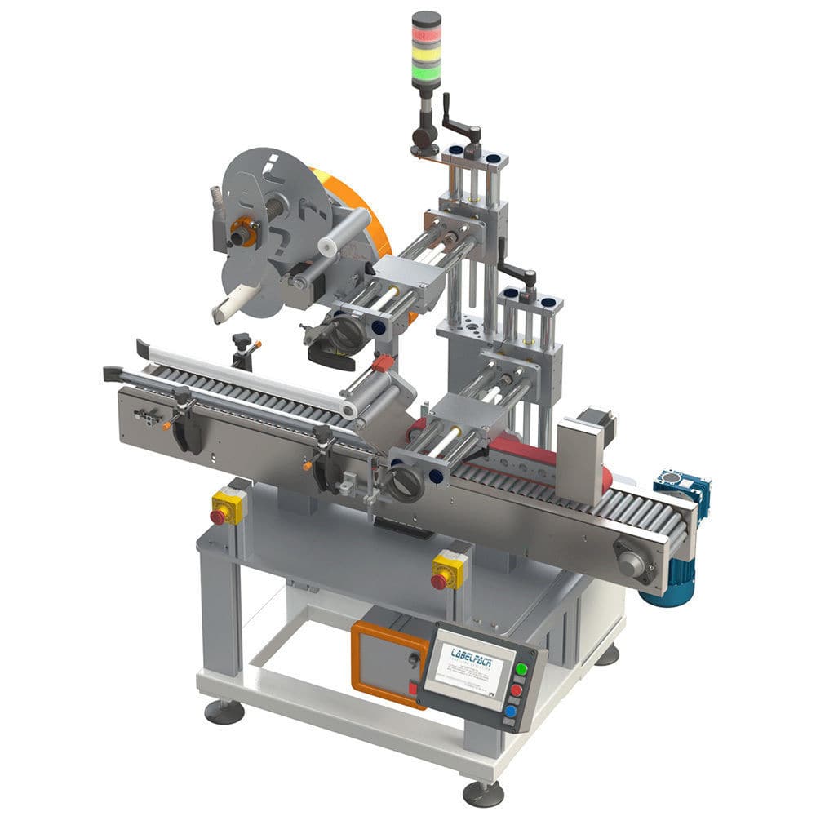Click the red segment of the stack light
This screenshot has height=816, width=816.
point(426,36)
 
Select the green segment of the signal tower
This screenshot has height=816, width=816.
point(426,73)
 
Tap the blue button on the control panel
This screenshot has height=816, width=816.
point(509,711)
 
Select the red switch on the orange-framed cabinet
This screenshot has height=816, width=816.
point(413,690)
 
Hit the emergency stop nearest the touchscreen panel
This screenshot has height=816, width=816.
point(441,580)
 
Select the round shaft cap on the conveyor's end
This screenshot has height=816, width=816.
point(630,561)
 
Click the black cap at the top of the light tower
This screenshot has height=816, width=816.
point(426,18)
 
